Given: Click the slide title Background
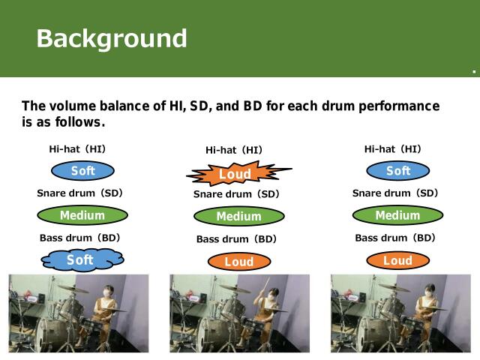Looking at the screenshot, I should point(112,37).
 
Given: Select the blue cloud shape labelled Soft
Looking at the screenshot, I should point(81,260).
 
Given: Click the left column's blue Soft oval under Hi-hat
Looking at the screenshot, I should point(82,171).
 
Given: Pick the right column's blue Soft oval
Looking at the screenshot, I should point(397,171).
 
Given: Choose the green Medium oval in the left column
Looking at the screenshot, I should point(82,216).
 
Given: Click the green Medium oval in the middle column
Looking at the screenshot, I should point(238,217).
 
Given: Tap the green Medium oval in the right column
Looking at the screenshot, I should point(397,216).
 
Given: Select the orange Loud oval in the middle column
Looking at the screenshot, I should point(238,262).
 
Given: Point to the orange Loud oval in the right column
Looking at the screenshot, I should point(397,261).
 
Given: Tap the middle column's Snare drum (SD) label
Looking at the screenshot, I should point(236,194).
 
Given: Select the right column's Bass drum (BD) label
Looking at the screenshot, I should point(395,238).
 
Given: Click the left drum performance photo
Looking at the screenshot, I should point(78,312).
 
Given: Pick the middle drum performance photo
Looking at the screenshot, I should point(239,312).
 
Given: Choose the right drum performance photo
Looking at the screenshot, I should point(400,312).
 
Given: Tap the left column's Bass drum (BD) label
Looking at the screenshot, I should point(80,238).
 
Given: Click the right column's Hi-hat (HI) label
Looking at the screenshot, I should point(392,149).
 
